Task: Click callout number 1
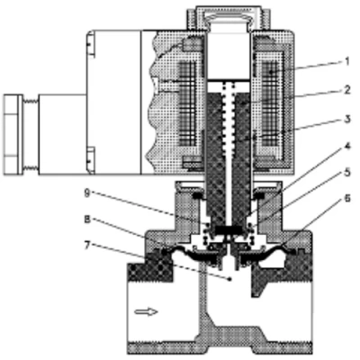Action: pyautogui.click(x=346, y=62)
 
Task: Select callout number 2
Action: pyautogui.click(x=346, y=90)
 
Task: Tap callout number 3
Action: pyautogui.click(x=347, y=119)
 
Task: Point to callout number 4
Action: pyautogui.click(x=347, y=146)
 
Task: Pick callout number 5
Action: pyautogui.click(x=347, y=172)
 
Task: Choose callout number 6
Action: pyautogui.click(x=347, y=198)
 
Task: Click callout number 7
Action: pyautogui.click(x=87, y=246)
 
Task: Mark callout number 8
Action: pyautogui.click(x=87, y=220)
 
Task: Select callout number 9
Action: pyautogui.click(x=86, y=193)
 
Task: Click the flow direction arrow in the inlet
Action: pyautogui.click(x=146, y=312)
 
